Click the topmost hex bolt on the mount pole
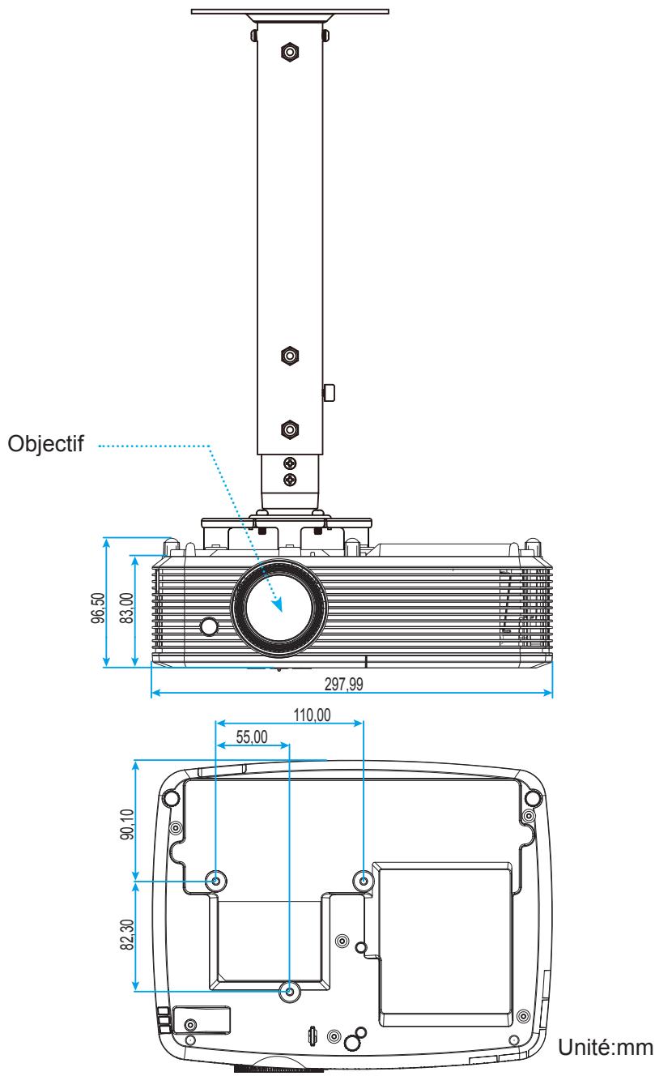289,53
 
